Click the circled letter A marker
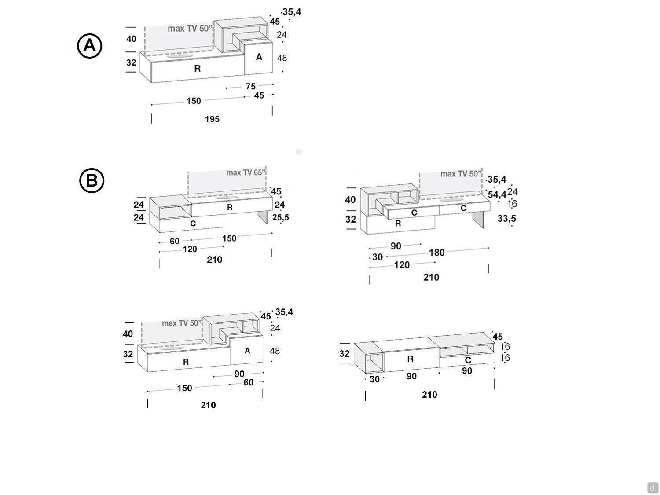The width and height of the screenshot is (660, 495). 90,46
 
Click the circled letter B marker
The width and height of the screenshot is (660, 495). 92,181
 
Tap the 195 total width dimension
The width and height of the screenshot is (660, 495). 212,119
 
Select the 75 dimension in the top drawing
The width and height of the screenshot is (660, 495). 250,87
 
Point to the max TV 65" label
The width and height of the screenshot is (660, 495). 246,173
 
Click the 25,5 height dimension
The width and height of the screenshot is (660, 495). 281,217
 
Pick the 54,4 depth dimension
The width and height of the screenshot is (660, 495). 497,195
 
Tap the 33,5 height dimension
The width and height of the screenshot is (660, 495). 506,219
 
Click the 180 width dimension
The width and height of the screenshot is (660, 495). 436,253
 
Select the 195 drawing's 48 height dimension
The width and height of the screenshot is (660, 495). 282,58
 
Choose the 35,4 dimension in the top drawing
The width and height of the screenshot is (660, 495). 292,12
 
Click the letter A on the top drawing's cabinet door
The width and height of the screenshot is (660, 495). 259,57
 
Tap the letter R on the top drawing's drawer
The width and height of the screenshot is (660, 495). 197,69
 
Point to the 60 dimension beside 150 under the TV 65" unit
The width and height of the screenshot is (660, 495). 174,241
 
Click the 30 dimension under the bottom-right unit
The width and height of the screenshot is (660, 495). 374,379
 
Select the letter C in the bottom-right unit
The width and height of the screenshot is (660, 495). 468,360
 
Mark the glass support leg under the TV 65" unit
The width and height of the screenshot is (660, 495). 262,216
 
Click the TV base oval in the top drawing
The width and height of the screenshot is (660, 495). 180,55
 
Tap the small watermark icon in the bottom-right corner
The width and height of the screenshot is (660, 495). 652,487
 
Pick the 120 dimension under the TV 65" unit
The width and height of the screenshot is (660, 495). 190,249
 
